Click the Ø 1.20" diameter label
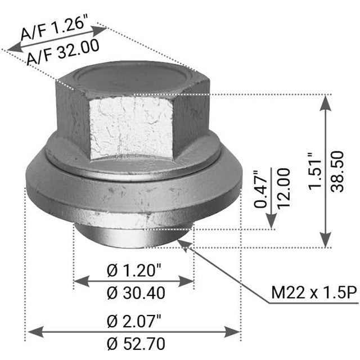(134, 271)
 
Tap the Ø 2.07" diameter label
(134, 321)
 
